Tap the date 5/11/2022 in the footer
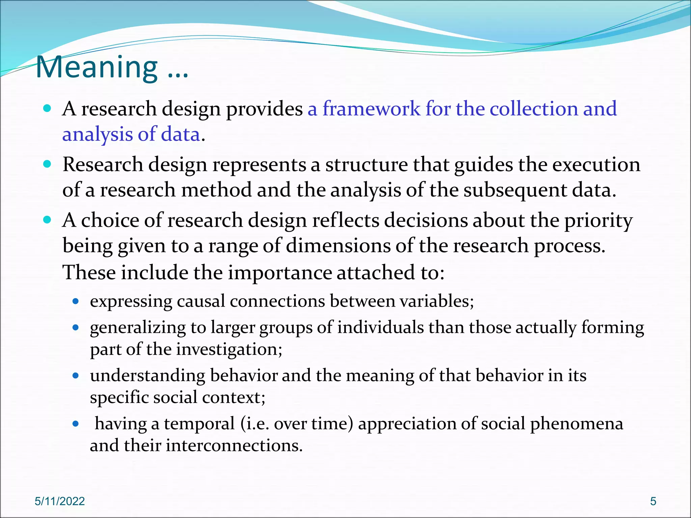(60, 501)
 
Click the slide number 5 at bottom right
(653, 501)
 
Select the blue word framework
(371, 109)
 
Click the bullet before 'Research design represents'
(48, 164)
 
